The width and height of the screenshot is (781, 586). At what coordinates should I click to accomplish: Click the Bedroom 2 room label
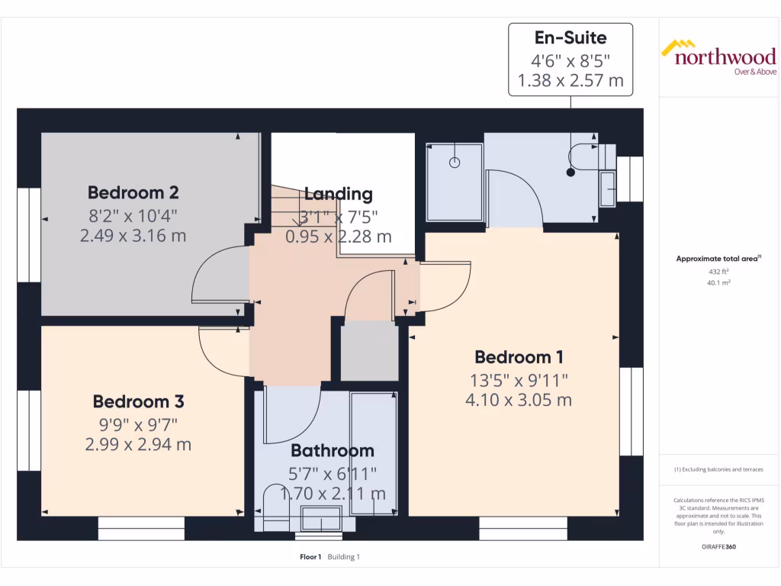[x=133, y=192]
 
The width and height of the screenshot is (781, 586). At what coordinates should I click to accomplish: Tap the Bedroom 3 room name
[x=138, y=401]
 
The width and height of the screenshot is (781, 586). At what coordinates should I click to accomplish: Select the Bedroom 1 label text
[x=519, y=357]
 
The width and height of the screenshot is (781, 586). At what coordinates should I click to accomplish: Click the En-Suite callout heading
[x=570, y=38]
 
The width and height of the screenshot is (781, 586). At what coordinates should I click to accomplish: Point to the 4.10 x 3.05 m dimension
[x=519, y=400]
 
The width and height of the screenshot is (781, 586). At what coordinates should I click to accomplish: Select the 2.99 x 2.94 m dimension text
[x=138, y=444]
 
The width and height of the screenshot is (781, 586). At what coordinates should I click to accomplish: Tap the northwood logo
[x=718, y=57]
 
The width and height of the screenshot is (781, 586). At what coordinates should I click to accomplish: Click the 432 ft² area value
[x=718, y=271]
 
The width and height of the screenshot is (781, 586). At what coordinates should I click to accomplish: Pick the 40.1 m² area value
[x=718, y=282]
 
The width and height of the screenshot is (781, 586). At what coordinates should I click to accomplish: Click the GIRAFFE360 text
[x=718, y=547]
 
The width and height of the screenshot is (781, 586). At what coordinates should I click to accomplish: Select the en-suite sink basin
[x=607, y=188]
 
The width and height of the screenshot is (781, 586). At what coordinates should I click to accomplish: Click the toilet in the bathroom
[x=273, y=505]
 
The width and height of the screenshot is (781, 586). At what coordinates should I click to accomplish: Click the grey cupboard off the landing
[x=369, y=351]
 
